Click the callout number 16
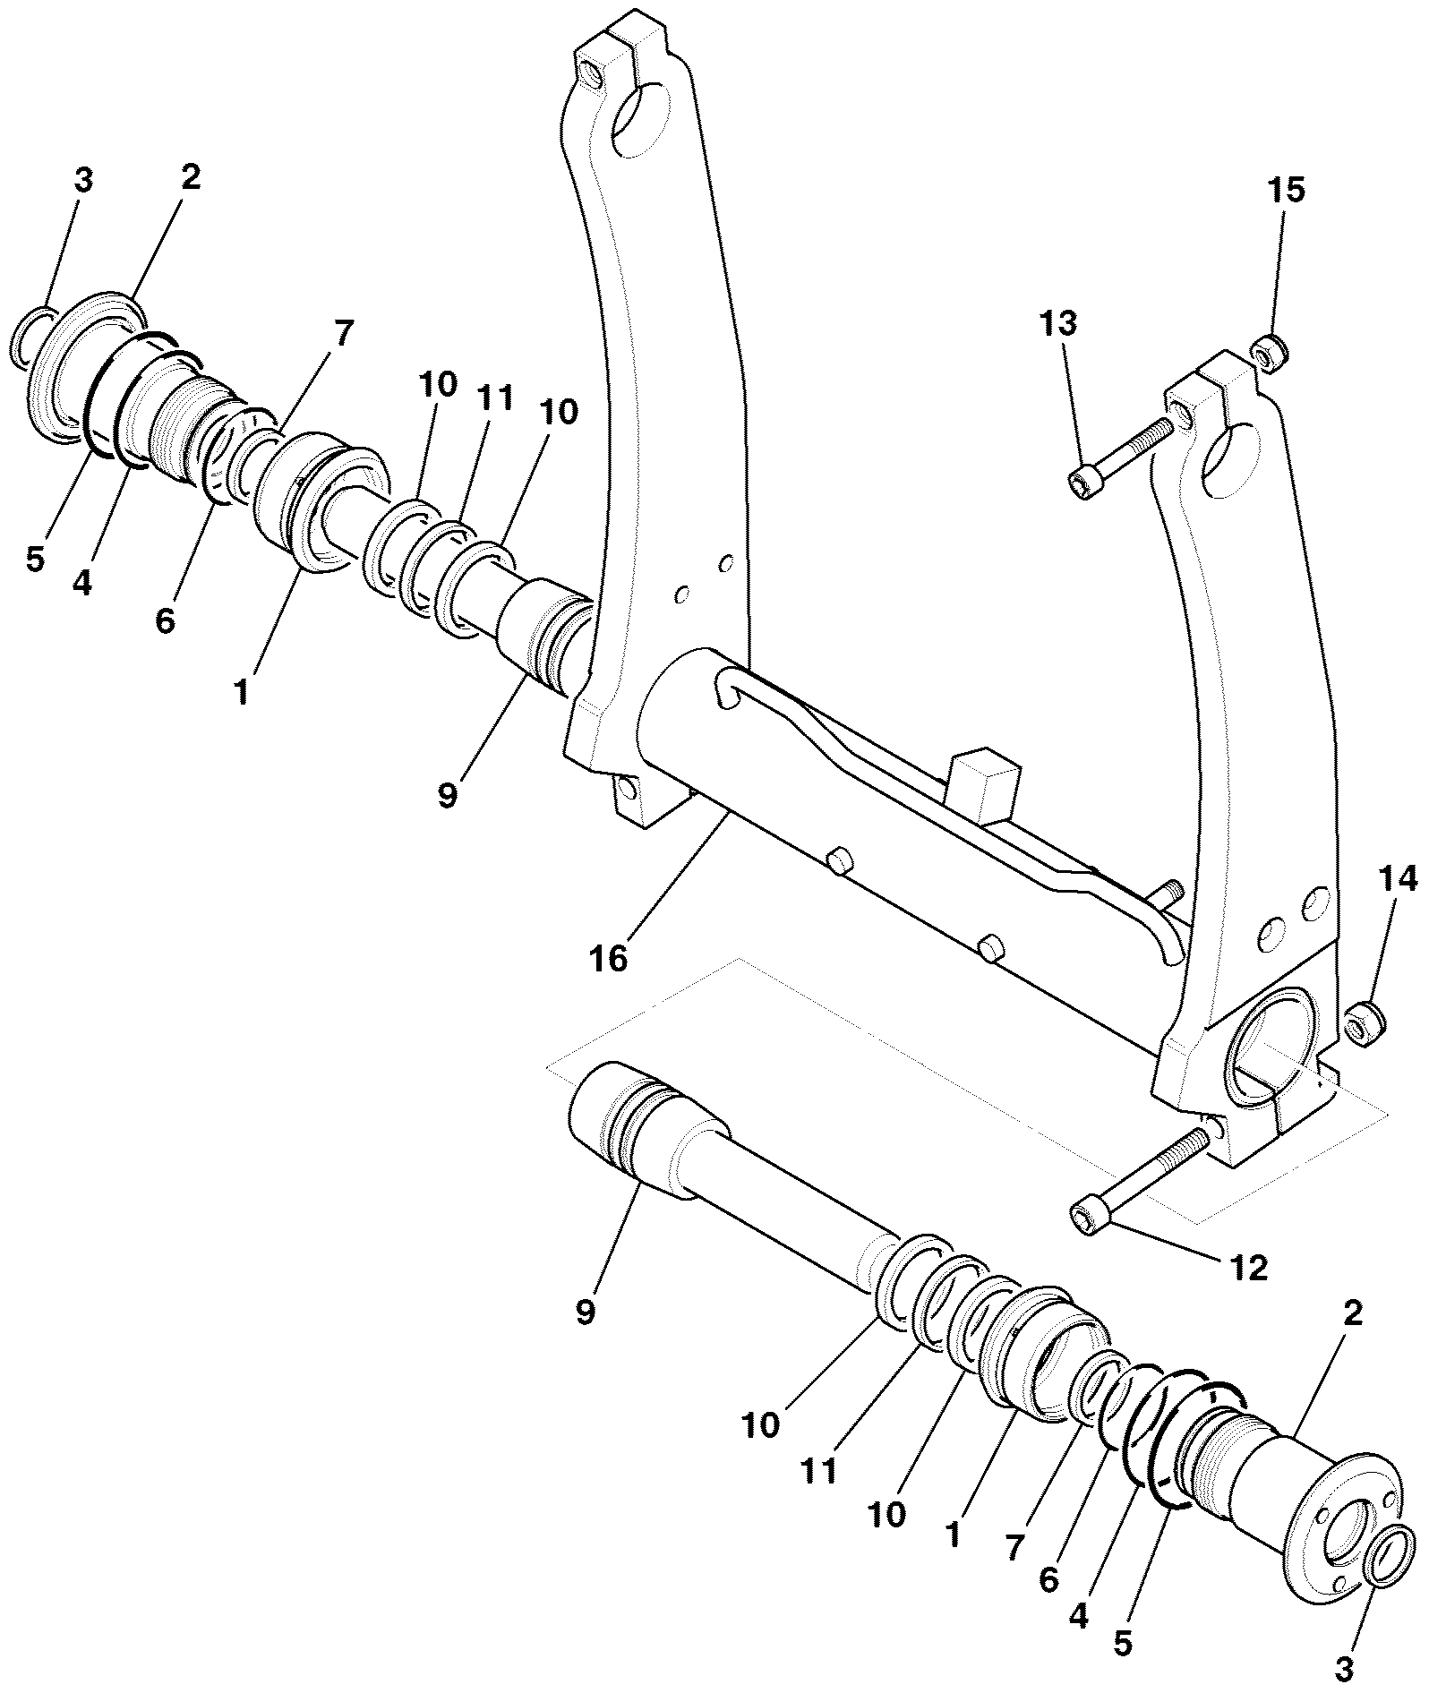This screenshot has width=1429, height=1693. (x=609, y=958)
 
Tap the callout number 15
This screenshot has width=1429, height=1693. (x=1286, y=190)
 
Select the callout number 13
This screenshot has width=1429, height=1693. (x=1058, y=323)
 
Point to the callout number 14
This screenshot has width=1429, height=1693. (x=1398, y=881)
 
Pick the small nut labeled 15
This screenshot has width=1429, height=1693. (x=1268, y=350)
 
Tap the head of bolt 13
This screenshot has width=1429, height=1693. (x=1084, y=484)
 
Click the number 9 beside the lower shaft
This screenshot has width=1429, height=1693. (x=585, y=1313)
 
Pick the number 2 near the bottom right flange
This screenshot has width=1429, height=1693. (x=1352, y=1313)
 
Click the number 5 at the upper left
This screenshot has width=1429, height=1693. (x=34, y=560)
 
